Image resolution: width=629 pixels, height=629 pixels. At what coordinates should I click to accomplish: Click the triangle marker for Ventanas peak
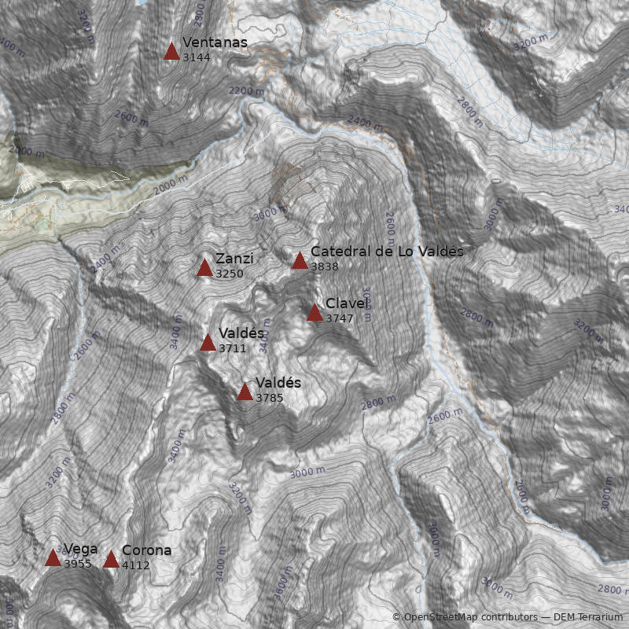171,52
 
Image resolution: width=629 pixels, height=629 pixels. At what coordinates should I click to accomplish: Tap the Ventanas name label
215,42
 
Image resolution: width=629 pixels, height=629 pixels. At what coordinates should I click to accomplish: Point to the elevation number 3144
196,57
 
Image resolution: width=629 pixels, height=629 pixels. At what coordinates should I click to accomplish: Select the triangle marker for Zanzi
204,268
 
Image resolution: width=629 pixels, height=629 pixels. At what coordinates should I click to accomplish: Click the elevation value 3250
229,274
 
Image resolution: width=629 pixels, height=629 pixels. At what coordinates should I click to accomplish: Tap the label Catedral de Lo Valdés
387,251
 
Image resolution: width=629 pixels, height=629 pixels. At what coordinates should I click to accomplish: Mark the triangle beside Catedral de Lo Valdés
300,260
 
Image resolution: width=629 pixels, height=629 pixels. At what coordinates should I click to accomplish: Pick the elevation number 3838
324,267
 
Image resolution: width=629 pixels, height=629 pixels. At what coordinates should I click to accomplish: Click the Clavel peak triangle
314,313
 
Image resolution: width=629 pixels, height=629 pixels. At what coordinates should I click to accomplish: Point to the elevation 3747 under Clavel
340,318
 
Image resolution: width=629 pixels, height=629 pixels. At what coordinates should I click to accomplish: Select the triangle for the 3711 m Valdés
208,342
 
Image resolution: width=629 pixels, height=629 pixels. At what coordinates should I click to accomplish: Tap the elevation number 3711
233,348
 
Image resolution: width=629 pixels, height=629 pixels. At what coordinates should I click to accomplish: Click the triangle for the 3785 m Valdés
245,392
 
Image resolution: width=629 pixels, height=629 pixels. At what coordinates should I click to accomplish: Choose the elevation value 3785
270,398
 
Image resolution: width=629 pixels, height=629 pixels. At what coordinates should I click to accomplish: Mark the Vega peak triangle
53,558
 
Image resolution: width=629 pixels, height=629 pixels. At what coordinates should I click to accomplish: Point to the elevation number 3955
78,564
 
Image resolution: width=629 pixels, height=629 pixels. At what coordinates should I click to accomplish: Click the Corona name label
146,550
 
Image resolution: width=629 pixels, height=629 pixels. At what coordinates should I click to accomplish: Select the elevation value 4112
135,565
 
